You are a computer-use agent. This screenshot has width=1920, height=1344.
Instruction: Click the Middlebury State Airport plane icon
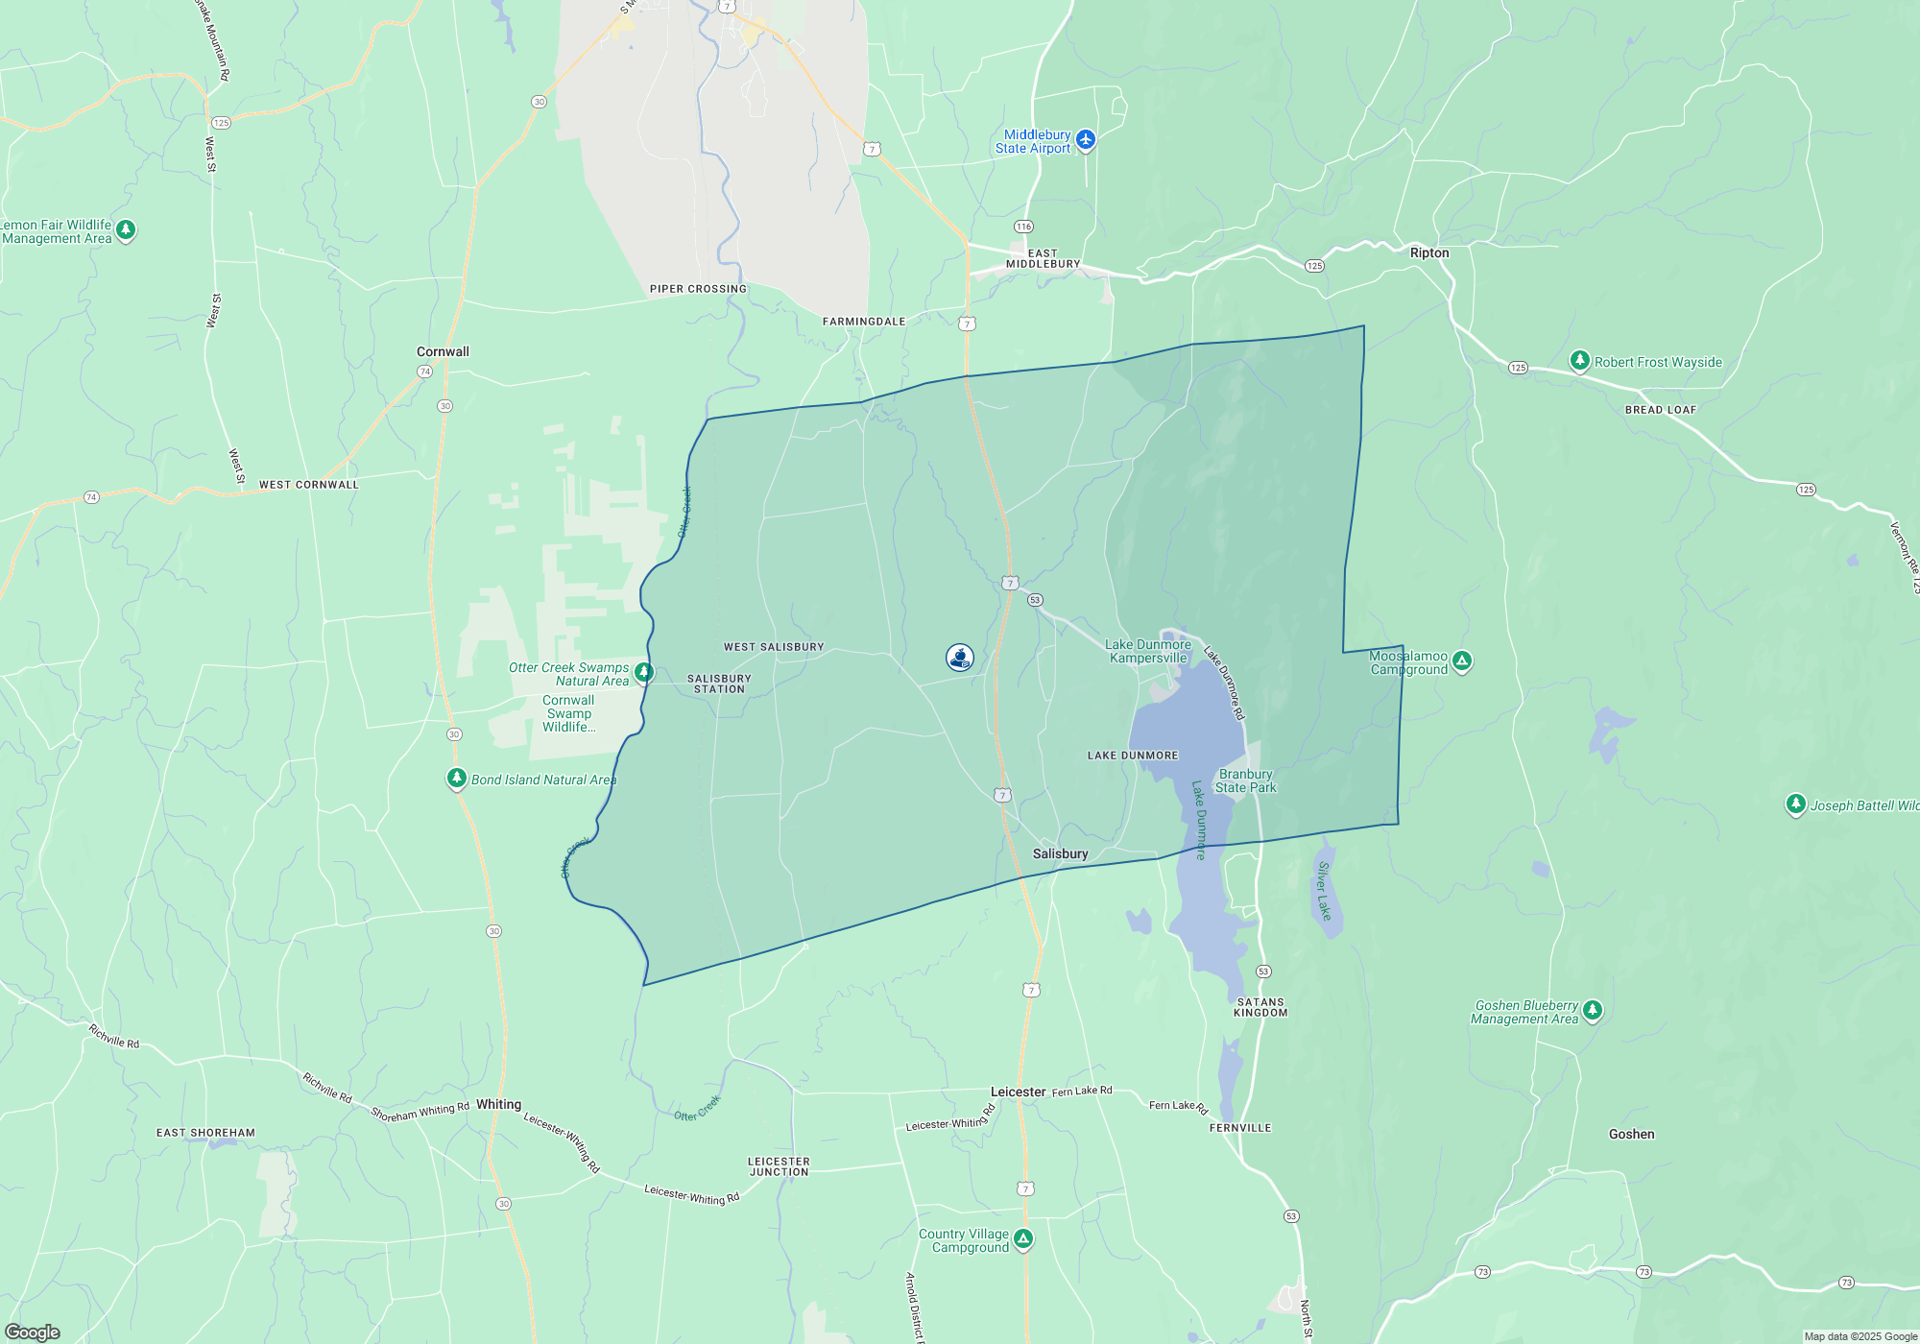point(1086,140)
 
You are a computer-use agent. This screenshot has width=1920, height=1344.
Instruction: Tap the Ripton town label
point(1429,252)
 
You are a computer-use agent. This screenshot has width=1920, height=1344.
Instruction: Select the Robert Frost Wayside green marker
point(1579,360)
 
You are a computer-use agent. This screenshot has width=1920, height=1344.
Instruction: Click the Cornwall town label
point(443,351)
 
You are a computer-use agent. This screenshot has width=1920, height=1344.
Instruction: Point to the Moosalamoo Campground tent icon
point(1461,660)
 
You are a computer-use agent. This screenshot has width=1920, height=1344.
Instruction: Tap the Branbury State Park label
point(1246,780)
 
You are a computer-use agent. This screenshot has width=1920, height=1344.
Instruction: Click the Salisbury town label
point(1060,853)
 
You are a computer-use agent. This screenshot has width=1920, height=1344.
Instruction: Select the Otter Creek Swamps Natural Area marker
point(644,672)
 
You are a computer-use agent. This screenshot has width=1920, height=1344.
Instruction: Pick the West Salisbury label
point(774,647)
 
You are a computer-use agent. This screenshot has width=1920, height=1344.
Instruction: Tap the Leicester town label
point(1018,1092)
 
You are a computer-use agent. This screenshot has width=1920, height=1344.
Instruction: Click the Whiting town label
point(498,1104)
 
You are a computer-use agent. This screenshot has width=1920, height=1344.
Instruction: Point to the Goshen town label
point(1631,1134)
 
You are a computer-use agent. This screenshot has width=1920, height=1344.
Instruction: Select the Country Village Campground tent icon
point(1023,1238)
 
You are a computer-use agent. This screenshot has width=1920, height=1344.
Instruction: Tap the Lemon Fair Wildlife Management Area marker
point(126,230)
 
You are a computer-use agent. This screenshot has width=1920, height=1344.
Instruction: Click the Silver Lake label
point(1325,891)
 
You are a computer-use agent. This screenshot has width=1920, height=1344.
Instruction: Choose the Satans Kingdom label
point(1260,1007)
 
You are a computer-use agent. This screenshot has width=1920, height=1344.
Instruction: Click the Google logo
point(32,1332)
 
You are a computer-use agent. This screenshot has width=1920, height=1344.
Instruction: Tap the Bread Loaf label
point(1661,410)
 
